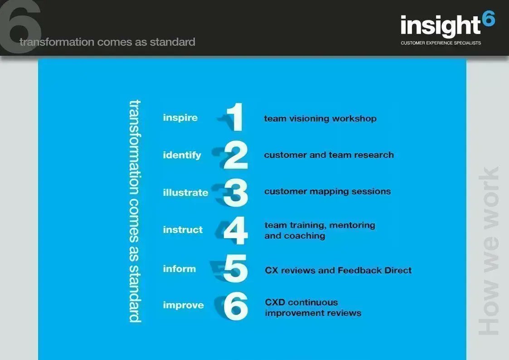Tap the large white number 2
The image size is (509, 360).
pos(236,155)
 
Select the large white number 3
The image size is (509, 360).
pos(236,192)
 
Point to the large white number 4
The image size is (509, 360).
pos(236,230)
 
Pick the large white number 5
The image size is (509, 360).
pos(236,268)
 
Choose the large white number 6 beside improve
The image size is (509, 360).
pos(236,306)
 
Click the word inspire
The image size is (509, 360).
pos(180,118)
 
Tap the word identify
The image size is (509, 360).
pos(182,155)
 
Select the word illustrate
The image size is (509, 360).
pos(185,193)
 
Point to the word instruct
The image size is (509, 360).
pos(183,230)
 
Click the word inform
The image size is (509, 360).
pos(179,269)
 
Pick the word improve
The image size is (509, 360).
pos(183,306)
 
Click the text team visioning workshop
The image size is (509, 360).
pos(320,119)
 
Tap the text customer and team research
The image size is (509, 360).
pos(329,155)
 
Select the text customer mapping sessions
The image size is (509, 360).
pos(327,191)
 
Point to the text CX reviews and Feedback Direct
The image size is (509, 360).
pos(338,271)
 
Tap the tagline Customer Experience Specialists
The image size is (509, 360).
pos(441,43)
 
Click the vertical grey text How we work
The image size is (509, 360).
pos(489,252)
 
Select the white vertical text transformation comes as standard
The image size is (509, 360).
pos(135,211)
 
